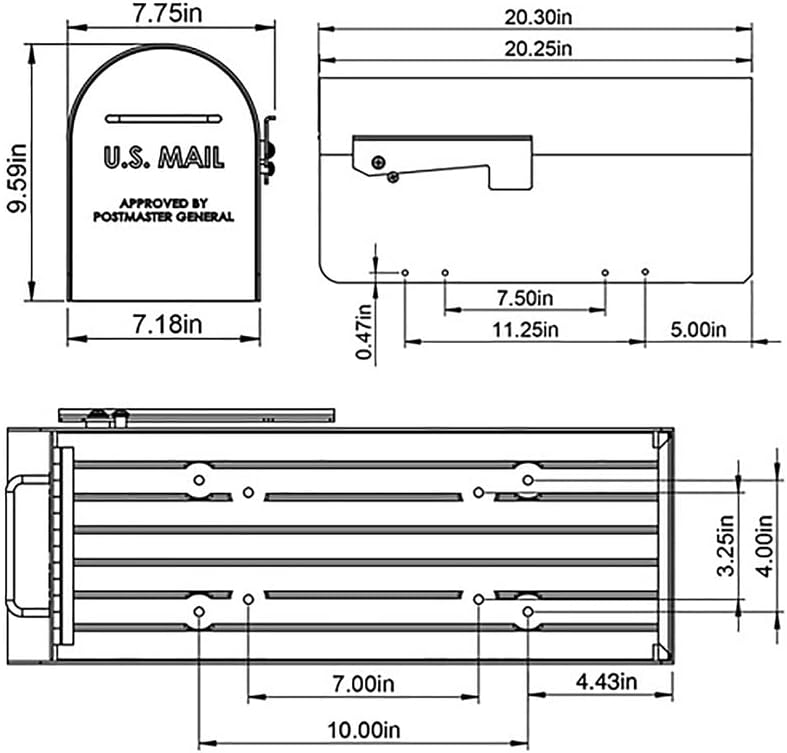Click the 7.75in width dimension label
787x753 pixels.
tap(168, 13)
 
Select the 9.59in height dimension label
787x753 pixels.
tap(17, 178)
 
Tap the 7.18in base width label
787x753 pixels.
tap(168, 324)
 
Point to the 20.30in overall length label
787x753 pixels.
tap(538, 17)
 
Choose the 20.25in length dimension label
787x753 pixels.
tap(538, 49)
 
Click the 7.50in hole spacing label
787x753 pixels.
tap(525, 298)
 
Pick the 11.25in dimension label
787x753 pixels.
tap(525, 330)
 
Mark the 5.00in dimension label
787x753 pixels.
tap(698, 330)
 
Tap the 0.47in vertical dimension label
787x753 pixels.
tap(364, 332)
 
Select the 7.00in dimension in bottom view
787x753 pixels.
tap(363, 684)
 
